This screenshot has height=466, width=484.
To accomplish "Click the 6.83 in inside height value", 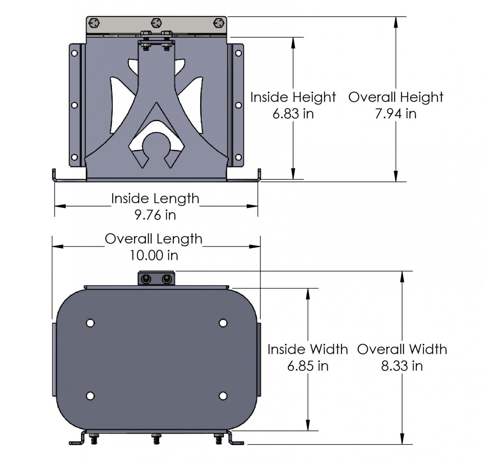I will [x=293, y=114].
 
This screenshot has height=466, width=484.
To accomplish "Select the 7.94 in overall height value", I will [x=396, y=114].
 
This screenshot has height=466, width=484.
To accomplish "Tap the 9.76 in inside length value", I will [x=155, y=215].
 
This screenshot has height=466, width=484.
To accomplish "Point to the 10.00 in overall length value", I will [x=154, y=255].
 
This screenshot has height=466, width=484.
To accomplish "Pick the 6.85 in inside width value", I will [x=307, y=366].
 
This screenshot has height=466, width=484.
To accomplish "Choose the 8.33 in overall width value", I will [x=402, y=366].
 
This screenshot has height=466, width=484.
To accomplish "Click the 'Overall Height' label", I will [x=396, y=97].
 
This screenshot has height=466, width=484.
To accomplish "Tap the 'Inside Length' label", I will [x=155, y=199].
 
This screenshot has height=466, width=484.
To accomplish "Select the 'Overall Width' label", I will [x=402, y=349].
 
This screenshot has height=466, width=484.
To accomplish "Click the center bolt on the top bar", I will [x=156, y=23].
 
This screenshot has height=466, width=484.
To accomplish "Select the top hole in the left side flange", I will [x=74, y=53].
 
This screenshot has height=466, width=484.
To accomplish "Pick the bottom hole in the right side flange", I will [x=238, y=157].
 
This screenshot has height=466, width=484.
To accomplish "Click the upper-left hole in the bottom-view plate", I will [x=90, y=323].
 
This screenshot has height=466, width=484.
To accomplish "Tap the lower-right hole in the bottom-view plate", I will [x=223, y=396].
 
